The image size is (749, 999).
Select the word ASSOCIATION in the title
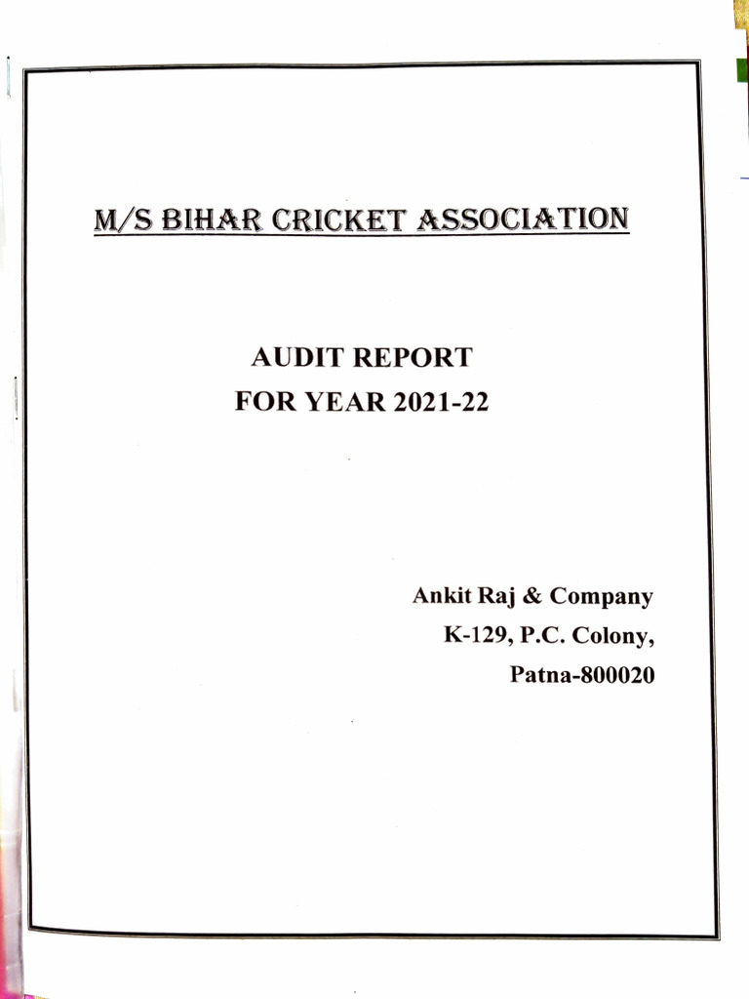522,217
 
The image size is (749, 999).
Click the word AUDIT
296,358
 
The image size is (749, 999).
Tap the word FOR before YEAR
262,401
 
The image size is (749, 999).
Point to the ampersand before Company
534,595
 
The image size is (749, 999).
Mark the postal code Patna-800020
582,674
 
